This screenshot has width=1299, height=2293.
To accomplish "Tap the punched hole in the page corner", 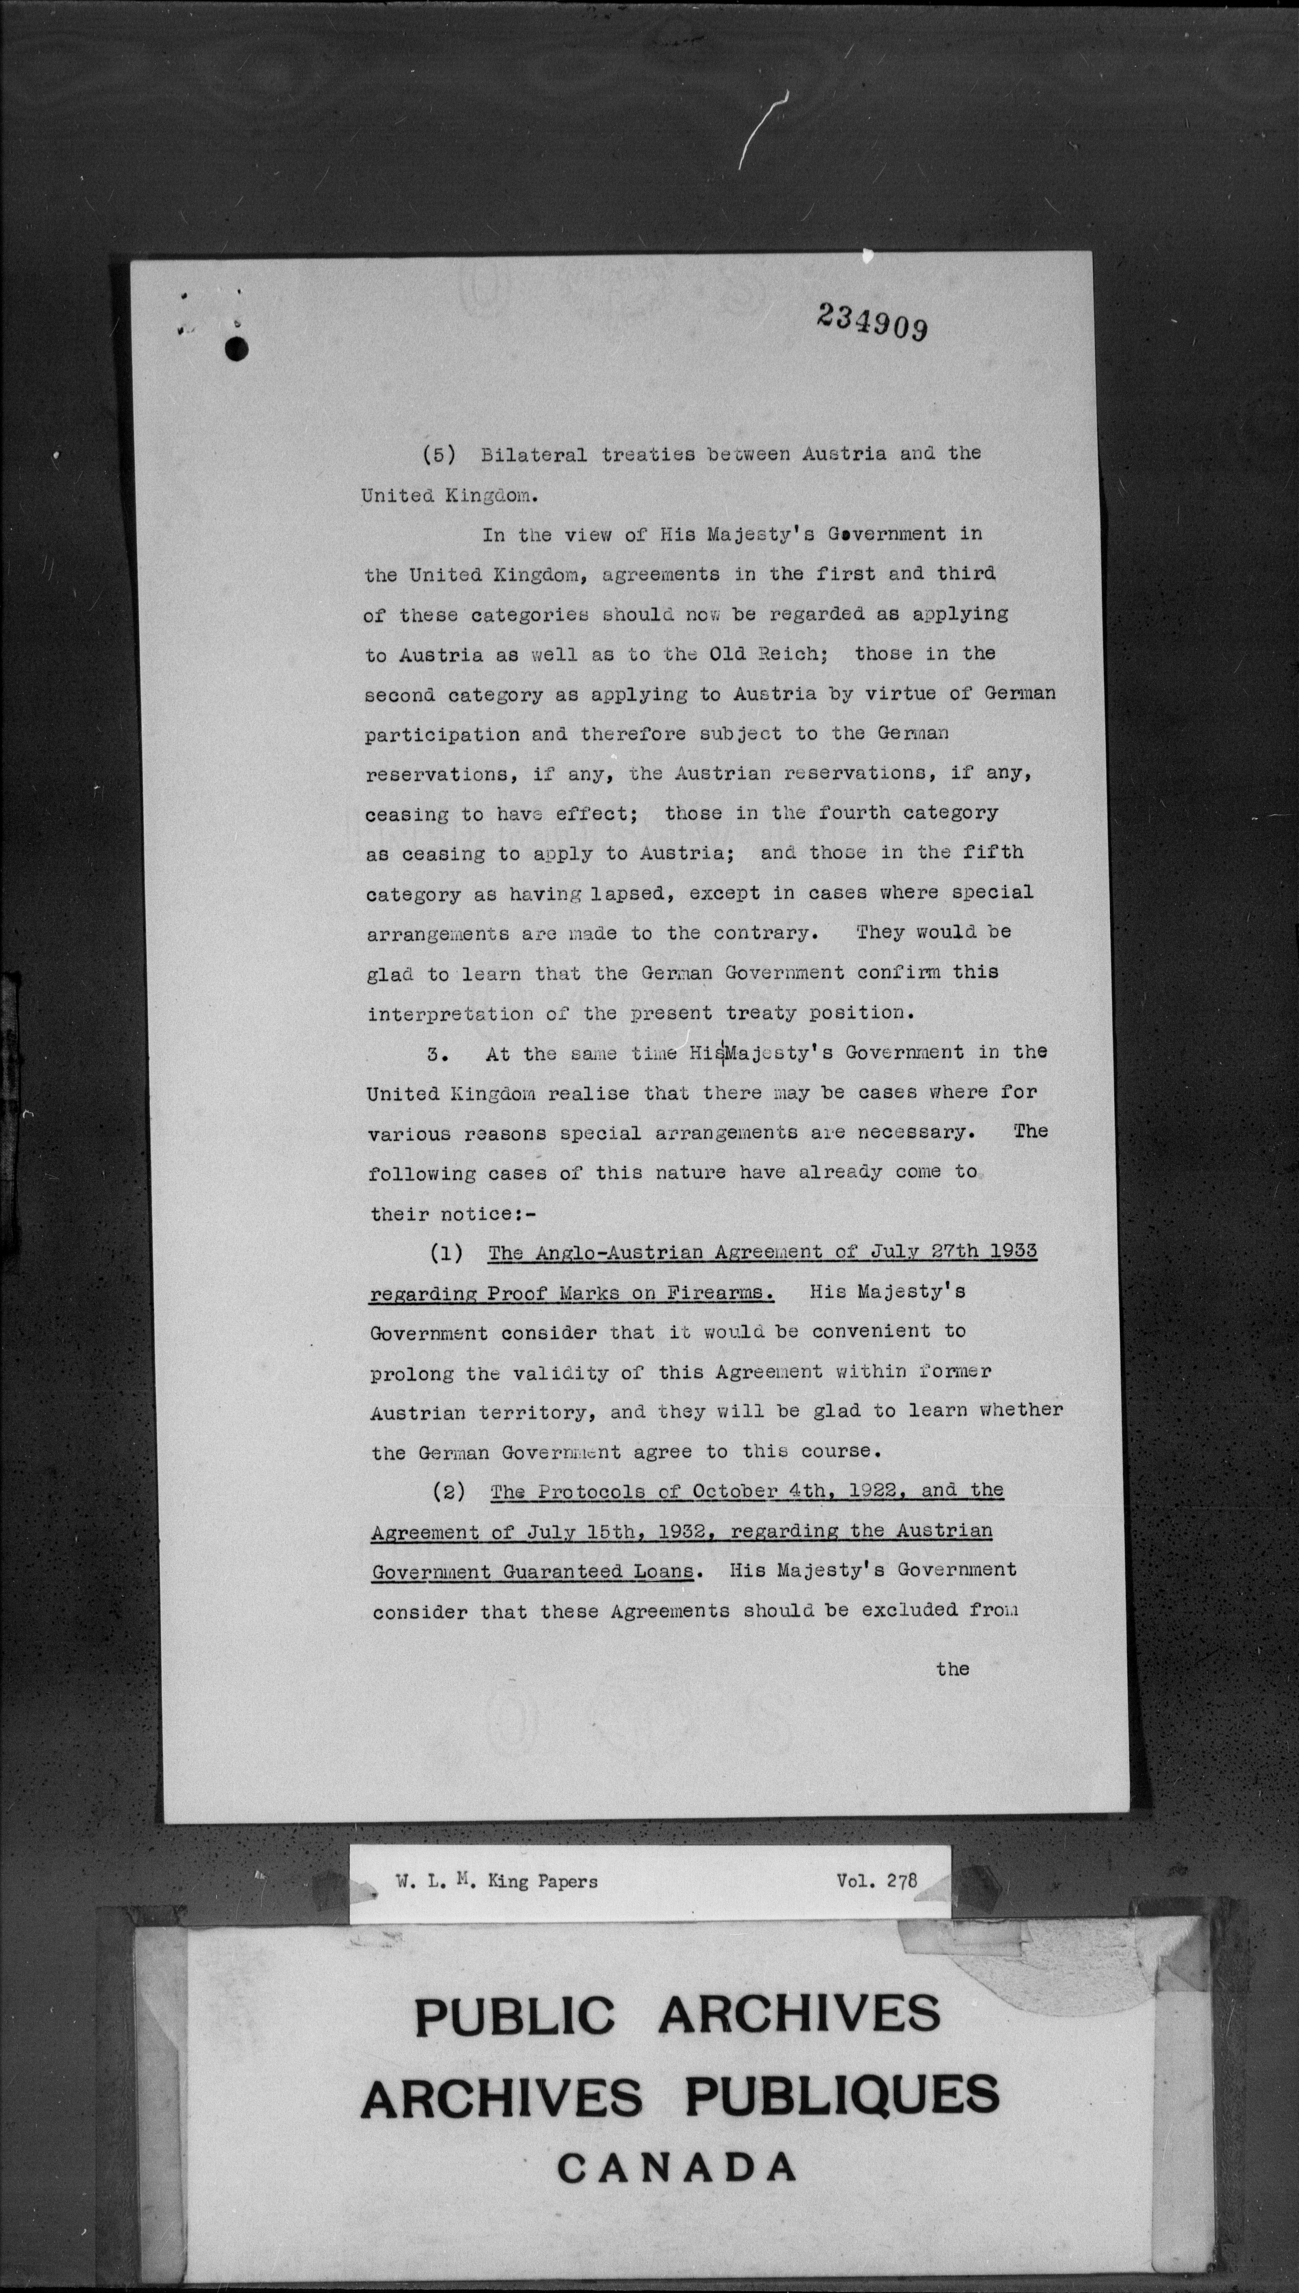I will coord(236,350).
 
